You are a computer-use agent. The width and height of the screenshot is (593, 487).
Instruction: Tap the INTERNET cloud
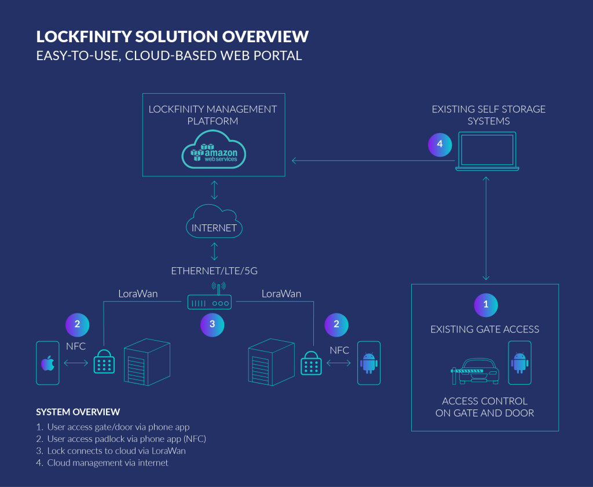tap(214, 224)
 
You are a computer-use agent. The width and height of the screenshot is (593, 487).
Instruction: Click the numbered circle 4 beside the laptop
tap(440, 145)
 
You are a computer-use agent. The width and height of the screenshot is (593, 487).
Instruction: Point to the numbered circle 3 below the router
tap(212, 324)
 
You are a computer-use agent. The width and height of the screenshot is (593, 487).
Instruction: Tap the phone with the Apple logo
tap(47, 363)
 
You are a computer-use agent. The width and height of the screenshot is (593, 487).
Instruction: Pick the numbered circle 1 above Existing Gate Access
tap(485, 304)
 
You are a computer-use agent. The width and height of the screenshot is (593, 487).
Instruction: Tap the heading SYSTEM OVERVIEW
tap(78, 412)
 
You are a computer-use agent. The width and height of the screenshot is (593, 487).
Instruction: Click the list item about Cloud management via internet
tap(107, 463)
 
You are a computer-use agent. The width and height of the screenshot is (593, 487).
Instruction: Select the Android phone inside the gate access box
tap(519, 363)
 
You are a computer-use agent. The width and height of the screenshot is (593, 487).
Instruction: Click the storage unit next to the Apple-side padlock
tap(148, 361)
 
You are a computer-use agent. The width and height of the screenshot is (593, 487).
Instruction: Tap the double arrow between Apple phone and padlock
tap(75, 363)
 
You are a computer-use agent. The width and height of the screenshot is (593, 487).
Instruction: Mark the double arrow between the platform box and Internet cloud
tap(214, 190)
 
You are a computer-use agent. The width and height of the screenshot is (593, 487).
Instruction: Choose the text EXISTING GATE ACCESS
tap(485, 330)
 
